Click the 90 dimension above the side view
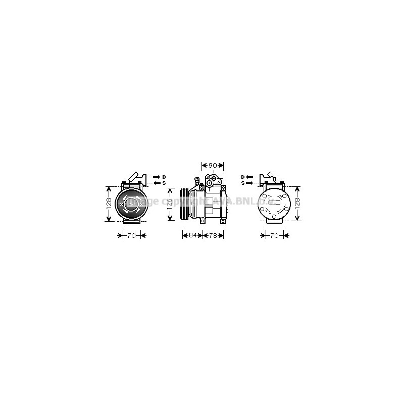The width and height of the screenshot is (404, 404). [213, 165]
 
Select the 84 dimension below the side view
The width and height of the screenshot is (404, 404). [192, 235]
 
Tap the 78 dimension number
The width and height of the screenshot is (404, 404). [215, 235]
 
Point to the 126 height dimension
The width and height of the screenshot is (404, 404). [170, 204]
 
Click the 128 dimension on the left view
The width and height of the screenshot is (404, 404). [109, 204]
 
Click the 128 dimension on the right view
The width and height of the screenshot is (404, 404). [297, 204]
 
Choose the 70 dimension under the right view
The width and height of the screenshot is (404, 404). [274, 235]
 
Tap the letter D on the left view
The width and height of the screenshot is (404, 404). [164, 177]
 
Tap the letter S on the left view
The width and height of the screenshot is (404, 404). [164, 183]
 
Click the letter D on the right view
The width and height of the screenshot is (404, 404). [243, 177]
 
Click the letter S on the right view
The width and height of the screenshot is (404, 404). [243, 183]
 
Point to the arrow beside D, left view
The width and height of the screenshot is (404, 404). [156, 177]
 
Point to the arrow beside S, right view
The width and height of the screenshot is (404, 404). [251, 183]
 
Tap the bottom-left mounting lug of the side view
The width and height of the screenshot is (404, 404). [202, 220]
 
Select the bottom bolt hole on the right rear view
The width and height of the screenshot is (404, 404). [274, 218]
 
